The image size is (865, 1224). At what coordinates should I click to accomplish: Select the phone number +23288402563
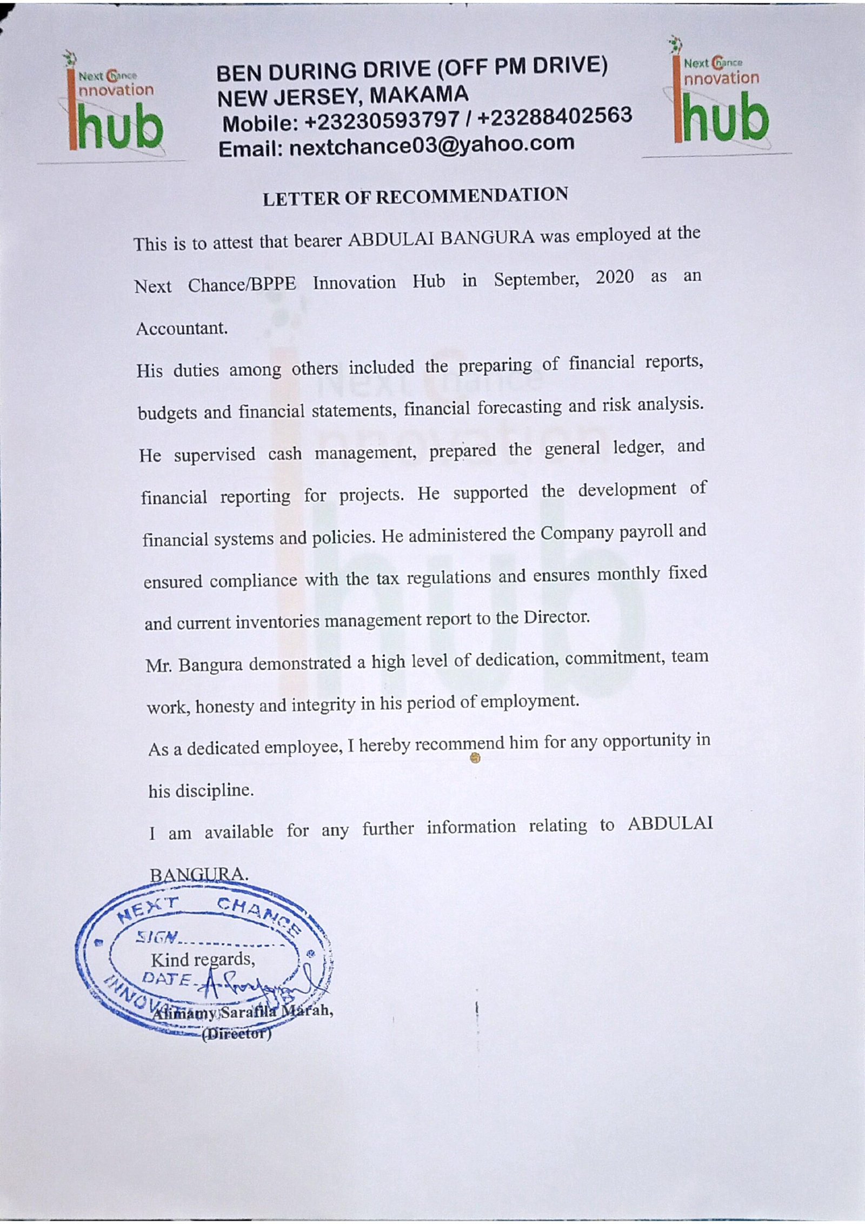click(555, 116)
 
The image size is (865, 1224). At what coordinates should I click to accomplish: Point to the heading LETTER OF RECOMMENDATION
click(415, 197)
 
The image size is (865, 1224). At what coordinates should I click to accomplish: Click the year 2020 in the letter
click(615, 277)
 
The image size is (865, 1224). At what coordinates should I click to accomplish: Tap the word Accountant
click(182, 328)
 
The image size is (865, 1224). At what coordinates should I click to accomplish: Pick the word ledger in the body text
click(638, 448)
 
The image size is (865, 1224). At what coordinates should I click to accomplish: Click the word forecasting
click(520, 407)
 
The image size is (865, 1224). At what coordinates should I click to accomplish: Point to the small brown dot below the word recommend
click(475, 759)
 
